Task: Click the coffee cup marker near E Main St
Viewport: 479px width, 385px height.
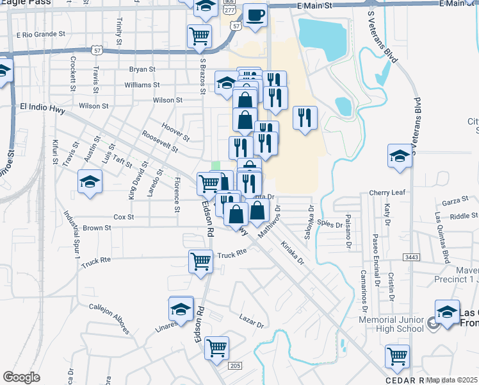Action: click(x=255, y=16)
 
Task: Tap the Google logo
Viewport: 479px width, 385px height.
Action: click(x=21, y=377)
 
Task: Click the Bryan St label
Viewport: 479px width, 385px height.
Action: click(x=142, y=69)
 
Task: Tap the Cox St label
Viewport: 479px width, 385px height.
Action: click(x=123, y=218)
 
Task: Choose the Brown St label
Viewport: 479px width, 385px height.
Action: click(x=97, y=228)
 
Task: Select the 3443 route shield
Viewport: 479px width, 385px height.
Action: click(x=411, y=257)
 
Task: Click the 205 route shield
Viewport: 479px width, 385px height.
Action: click(x=235, y=366)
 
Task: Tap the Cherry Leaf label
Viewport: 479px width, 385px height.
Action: click(x=387, y=193)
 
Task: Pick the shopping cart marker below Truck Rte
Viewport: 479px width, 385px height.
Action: click(x=200, y=261)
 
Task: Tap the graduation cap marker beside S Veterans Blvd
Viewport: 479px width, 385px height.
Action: click(x=400, y=156)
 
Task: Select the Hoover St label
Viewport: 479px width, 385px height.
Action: click(x=175, y=133)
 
